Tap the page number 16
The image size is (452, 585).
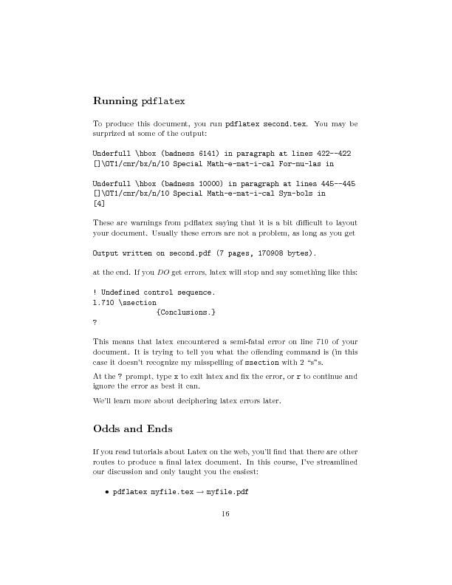[x=225, y=515]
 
